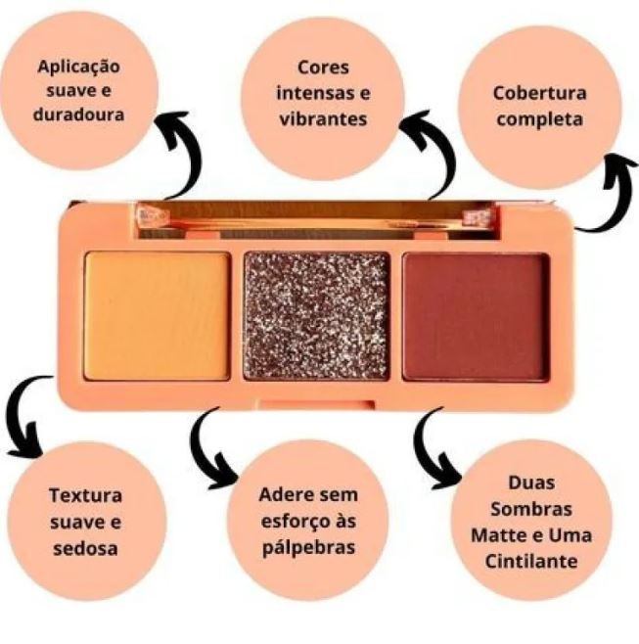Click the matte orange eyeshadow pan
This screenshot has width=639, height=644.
(157, 316)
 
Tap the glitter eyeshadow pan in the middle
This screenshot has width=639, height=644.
(316, 316)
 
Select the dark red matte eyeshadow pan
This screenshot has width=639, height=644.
(476, 317)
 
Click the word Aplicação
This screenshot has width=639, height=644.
(79, 68)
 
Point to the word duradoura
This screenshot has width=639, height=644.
(79, 115)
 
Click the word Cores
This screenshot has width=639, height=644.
(323, 68)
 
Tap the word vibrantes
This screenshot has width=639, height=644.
(323, 119)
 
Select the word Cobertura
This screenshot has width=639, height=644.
(539, 93)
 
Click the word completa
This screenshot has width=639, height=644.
(539, 120)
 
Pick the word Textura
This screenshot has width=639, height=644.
(85, 495)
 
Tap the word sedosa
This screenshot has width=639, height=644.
(85, 549)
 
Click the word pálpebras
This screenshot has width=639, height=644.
(308, 547)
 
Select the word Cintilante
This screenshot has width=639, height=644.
(531, 561)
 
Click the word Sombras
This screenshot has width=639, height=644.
(531, 509)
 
